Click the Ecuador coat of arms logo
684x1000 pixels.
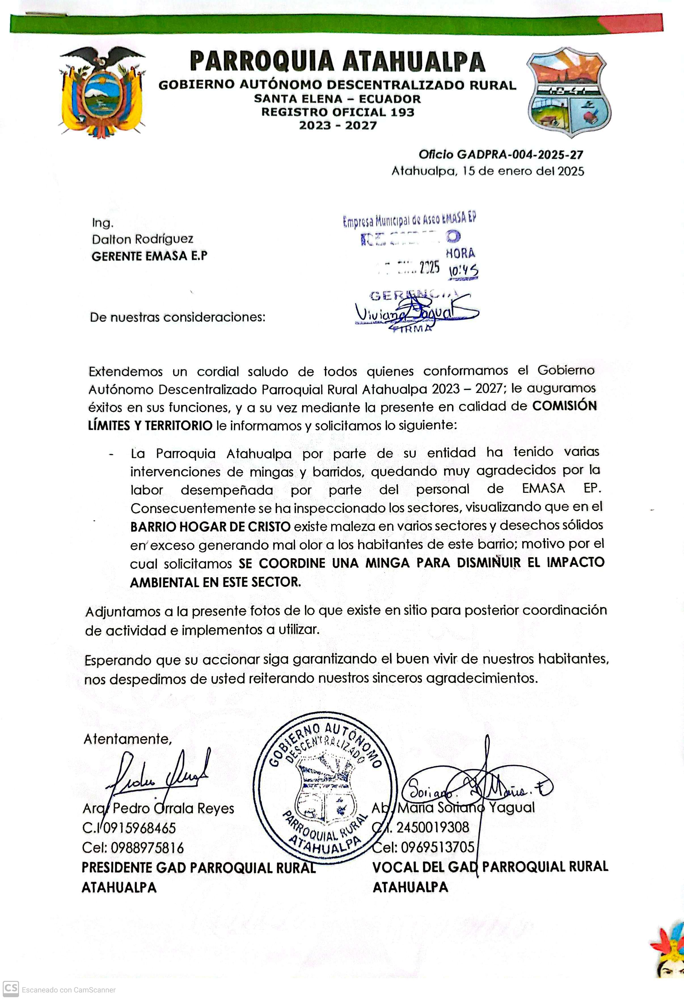tap(102, 92)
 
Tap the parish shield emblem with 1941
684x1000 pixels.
tap(569, 92)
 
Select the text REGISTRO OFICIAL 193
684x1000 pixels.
tap(338, 112)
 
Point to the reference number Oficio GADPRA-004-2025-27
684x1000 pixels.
tap(501, 155)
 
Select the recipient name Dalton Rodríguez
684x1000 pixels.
tap(142, 239)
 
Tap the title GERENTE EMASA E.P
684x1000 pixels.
tap(149, 256)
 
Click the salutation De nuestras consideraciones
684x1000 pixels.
tap(177, 317)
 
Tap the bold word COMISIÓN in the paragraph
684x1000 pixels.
tap(564, 406)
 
